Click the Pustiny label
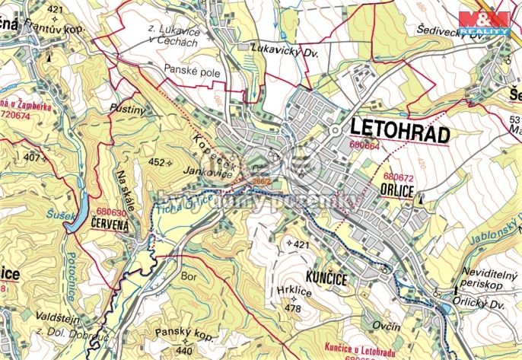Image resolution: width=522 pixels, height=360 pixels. tap(126, 110)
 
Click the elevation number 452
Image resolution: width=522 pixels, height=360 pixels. tap(156, 162)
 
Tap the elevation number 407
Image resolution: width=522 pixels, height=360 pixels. tap(32, 158)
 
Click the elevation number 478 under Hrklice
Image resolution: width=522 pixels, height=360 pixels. tap(293, 308)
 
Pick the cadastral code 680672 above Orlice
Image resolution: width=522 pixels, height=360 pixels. tap(398, 177)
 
